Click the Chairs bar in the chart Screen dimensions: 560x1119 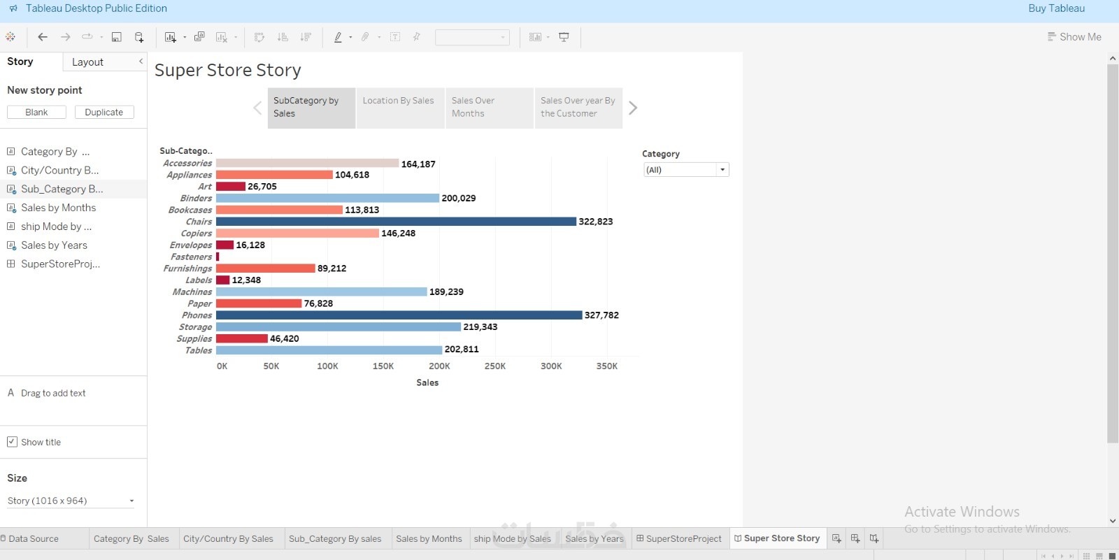[x=396, y=222]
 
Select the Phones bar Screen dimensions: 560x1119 [x=399, y=315]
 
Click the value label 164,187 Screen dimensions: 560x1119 [x=418, y=164]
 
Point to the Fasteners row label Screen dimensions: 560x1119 [x=191, y=257]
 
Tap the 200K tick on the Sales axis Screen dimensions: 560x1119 [x=439, y=366]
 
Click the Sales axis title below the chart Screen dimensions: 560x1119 [x=427, y=382]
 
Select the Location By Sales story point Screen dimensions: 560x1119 [x=399, y=108]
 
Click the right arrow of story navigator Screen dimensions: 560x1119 [x=633, y=108]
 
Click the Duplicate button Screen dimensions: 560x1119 [x=104, y=112]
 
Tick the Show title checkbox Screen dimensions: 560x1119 [x=12, y=442]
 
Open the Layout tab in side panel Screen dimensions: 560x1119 [x=87, y=62]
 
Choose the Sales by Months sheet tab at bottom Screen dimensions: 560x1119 [x=429, y=538]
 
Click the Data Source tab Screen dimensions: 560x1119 [x=33, y=538]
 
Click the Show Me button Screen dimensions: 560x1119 [x=1074, y=37]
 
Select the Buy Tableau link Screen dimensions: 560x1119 [x=1056, y=8]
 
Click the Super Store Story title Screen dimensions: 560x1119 [x=228, y=70]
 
